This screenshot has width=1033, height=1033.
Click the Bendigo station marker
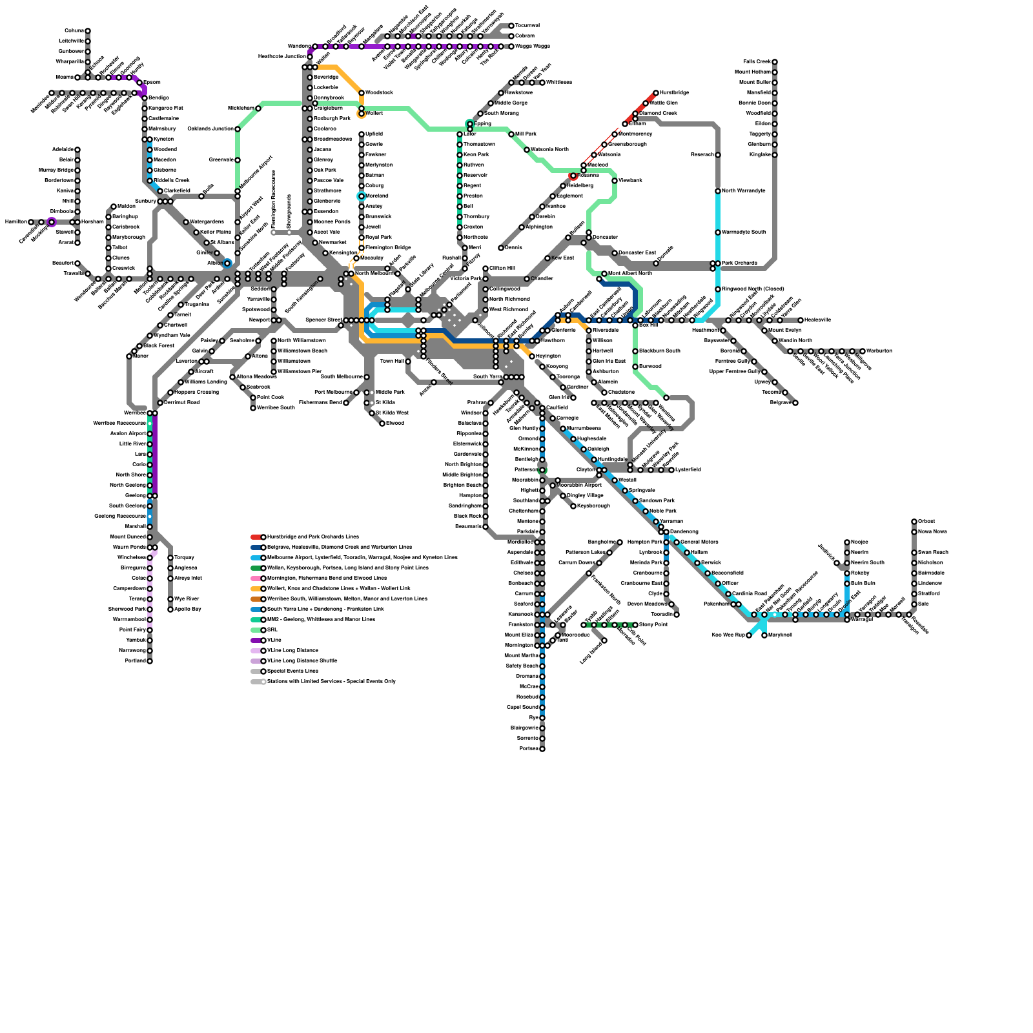coord(145,98)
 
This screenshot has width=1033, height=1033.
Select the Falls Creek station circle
coord(775,62)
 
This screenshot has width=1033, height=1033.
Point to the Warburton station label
coord(879,351)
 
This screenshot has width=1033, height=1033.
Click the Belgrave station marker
coord(795,403)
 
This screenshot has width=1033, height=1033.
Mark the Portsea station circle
coord(542,749)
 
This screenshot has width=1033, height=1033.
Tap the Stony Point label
coord(653,625)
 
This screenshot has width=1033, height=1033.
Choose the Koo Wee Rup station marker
coord(749,635)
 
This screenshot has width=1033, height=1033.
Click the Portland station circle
coord(150,661)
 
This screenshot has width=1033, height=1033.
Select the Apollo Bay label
coord(188,609)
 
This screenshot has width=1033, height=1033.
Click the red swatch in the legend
coord(256,537)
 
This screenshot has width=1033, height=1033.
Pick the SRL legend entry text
coord(272,630)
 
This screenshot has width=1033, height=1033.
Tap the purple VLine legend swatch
coord(256,640)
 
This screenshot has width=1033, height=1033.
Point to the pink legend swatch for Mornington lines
coord(256,578)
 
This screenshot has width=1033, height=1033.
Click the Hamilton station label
coord(15,222)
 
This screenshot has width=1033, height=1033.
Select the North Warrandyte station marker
coord(718,191)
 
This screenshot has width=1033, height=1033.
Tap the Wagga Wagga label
coord(533,46)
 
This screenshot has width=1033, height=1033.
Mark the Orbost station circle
coord(914,522)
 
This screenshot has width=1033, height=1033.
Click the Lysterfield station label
coord(688,470)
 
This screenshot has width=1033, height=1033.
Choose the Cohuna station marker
coord(88,31)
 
